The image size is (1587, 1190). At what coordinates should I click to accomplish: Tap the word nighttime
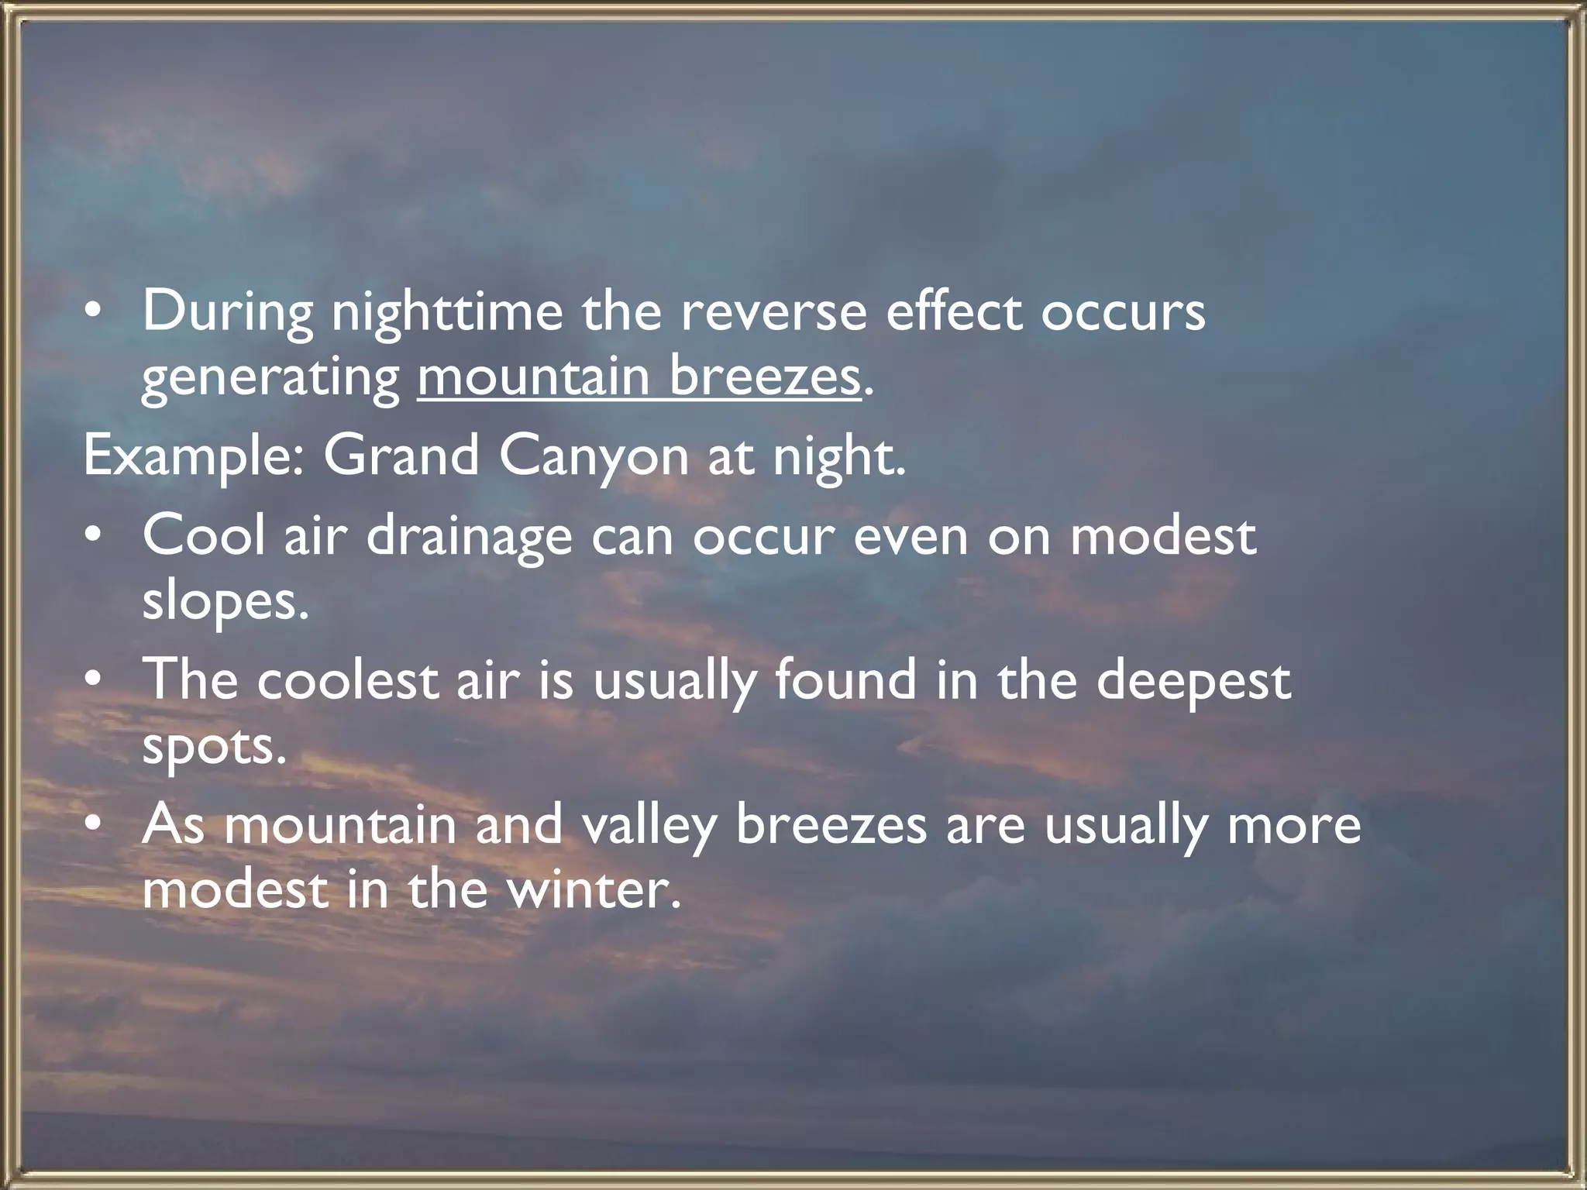click(x=447, y=311)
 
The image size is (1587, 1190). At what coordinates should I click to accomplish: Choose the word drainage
click(x=469, y=537)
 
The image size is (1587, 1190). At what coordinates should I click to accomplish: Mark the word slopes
click(x=225, y=603)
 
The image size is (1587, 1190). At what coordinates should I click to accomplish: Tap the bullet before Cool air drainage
click(x=93, y=536)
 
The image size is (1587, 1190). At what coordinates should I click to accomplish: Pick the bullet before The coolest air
click(x=93, y=680)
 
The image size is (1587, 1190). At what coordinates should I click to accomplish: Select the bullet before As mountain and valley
click(x=93, y=825)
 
